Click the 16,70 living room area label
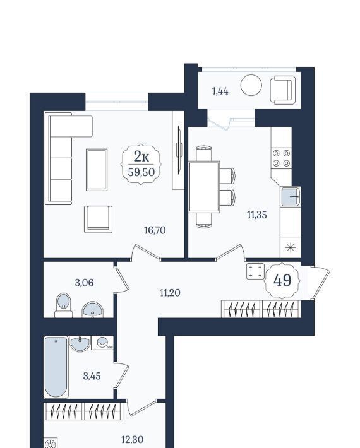click(x=155, y=230)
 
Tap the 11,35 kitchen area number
click(x=257, y=215)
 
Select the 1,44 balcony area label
click(x=220, y=91)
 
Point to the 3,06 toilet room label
click(x=84, y=283)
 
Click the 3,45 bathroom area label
click(x=92, y=376)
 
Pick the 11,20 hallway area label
click(x=170, y=293)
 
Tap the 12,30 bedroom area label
click(x=133, y=439)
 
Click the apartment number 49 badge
click(x=282, y=280)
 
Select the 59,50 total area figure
click(x=141, y=172)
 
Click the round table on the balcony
click(x=251, y=85)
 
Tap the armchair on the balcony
click(x=283, y=90)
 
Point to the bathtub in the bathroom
click(x=56, y=367)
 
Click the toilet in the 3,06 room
click(x=63, y=305)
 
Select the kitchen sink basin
click(x=291, y=197)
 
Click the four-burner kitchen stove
click(x=281, y=158)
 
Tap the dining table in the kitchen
click(x=204, y=187)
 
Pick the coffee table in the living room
click(x=97, y=170)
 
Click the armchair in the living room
click(x=98, y=219)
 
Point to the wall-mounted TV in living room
click(x=179, y=150)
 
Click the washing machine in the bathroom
click(x=102, y=343)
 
